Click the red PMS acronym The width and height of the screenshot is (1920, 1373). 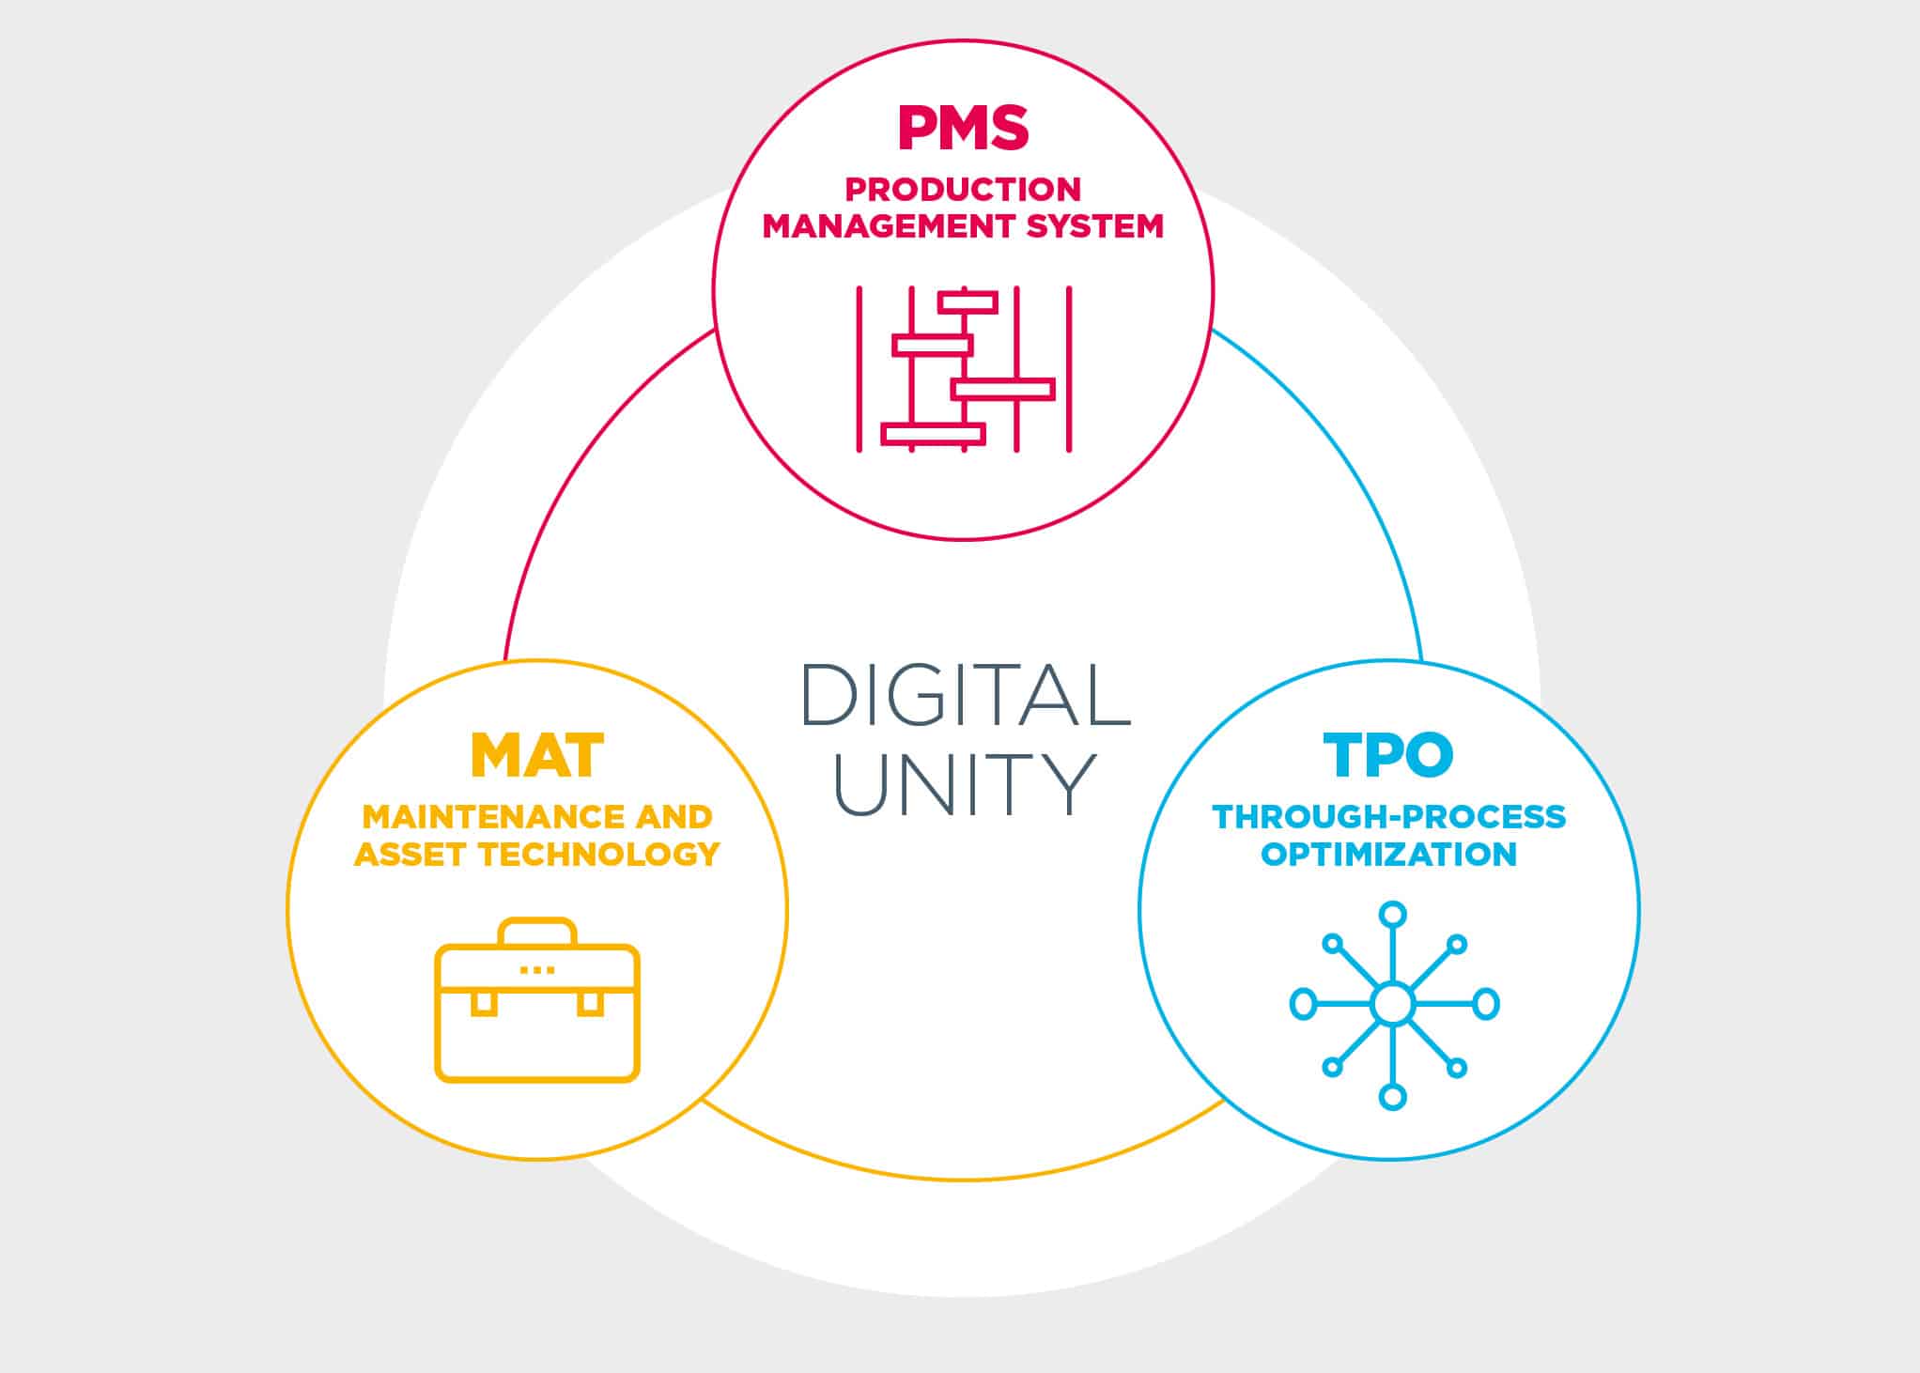[x=963, y=128]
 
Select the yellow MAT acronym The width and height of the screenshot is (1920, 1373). [x=537, y=756]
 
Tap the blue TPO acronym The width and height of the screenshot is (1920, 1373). [x=1388, y=755]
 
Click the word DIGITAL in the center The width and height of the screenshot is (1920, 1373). [x=966, y=695]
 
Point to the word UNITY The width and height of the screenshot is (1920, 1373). [x=965, y=783]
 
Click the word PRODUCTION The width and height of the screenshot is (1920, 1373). [x=963, y=190]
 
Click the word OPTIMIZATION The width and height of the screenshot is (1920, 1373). [x=1388, y=855]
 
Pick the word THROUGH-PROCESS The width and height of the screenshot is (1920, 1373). [x=1389, y=817]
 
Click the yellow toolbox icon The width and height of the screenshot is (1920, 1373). [x=537, y=1000]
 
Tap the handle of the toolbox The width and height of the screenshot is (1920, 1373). [x=537, y=920]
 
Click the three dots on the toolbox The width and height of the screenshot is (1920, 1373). [x=537, y=969]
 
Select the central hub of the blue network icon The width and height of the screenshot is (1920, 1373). [x=1392, y=1004]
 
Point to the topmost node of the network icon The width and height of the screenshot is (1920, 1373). [x=1392, y=915]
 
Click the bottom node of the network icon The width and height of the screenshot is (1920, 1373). [x=1392, y=1096]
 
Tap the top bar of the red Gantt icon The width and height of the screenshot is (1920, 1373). [x=968, y=302]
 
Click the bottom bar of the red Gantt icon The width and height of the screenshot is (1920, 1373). [x=933, y=434]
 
